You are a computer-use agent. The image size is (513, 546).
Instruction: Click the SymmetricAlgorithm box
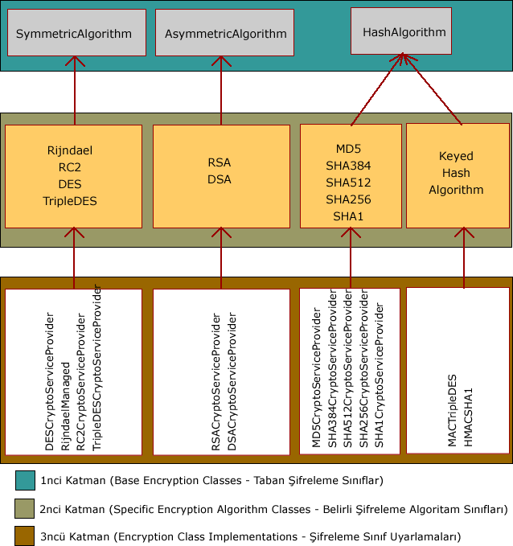tap(77, 33)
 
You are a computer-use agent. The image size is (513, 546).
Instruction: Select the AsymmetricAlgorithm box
tap(224, 33)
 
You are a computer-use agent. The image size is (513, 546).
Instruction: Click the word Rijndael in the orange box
tap(70, 150)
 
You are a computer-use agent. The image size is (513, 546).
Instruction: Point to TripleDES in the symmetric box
tap(70, 201)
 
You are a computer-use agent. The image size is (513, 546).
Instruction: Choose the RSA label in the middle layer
tap(219, 162)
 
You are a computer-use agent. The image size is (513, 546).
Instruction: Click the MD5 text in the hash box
tap(349, 149)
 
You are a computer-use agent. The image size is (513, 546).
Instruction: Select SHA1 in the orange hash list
tap(349, 216)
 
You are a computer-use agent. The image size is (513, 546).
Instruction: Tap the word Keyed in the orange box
tap(456, 156)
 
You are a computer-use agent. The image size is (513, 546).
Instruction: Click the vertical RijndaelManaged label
tap(66, 406)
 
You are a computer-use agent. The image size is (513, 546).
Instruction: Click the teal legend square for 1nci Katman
tap(25, 480)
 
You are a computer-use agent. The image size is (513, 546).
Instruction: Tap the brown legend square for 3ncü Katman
tap(25, 536)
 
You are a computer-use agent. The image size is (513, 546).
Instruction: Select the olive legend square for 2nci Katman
tap(25, 508)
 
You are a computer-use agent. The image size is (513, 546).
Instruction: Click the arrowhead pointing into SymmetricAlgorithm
tap(74, 61)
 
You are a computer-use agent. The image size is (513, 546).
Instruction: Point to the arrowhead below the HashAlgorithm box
tap(403, 59)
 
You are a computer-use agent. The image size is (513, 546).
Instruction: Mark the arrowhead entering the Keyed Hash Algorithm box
tap(463, 232)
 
